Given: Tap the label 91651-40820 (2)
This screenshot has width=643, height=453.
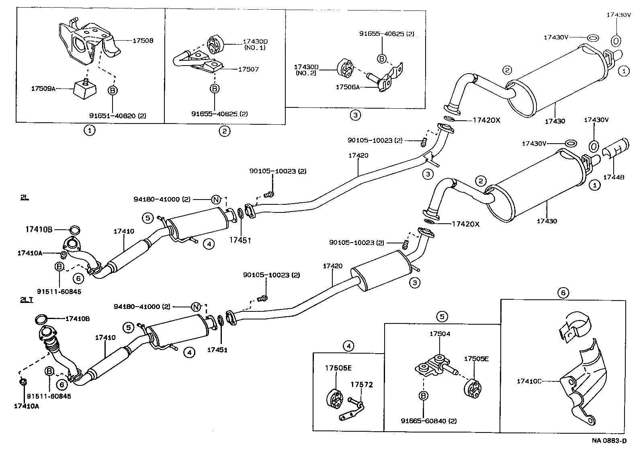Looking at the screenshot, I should point(117,115).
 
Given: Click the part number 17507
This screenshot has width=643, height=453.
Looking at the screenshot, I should point(248,69).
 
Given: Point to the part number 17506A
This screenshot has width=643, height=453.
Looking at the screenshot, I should point(348,86).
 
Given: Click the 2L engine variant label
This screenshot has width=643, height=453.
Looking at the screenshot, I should point(25,198).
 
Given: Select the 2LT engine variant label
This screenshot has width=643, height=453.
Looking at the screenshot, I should point(27,300).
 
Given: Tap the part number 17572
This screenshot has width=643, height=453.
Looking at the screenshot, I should point(362,385).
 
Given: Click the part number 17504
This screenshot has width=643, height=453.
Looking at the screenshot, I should point(440,334).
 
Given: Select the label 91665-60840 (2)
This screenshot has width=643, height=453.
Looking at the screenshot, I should point(423,421).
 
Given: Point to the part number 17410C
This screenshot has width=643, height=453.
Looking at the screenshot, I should point(529,381).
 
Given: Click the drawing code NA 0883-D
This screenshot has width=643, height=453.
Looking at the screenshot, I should point(608,440).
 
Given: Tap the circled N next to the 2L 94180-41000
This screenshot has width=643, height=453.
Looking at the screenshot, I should point(216,199).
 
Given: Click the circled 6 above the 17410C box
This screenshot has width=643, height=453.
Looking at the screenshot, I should point(563,293).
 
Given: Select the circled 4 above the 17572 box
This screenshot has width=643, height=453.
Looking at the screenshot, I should point(349,346).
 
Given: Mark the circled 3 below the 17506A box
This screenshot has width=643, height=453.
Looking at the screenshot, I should point(355,115).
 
